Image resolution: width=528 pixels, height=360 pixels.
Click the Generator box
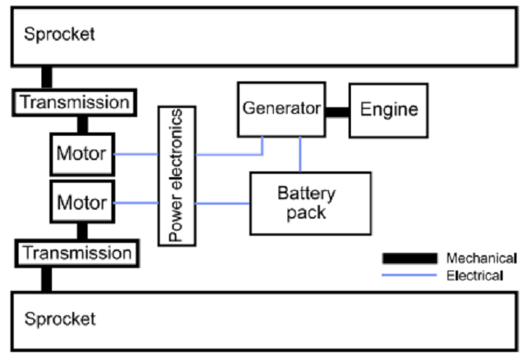[x=280, y=109]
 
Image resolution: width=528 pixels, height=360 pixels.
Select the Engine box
[x=388, y=109]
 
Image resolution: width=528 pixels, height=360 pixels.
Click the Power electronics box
[x=176, y=175]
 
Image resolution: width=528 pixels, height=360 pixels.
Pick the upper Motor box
[x=82, y=153]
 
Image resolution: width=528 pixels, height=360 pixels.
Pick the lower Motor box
[x=82, y=202]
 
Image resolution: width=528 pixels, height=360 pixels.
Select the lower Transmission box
[x=76, y=253]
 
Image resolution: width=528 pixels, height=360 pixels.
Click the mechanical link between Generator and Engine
[x=336, y=110]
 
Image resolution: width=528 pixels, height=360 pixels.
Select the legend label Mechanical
[x=481, y=258]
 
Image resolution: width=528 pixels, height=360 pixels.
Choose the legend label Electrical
[x=475, y=275]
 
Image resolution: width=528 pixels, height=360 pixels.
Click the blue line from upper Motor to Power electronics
[x=136, y=154]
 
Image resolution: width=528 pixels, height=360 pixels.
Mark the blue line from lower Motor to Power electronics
[x=136, y=202]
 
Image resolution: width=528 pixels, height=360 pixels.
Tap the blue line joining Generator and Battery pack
[x=300, y=154]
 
